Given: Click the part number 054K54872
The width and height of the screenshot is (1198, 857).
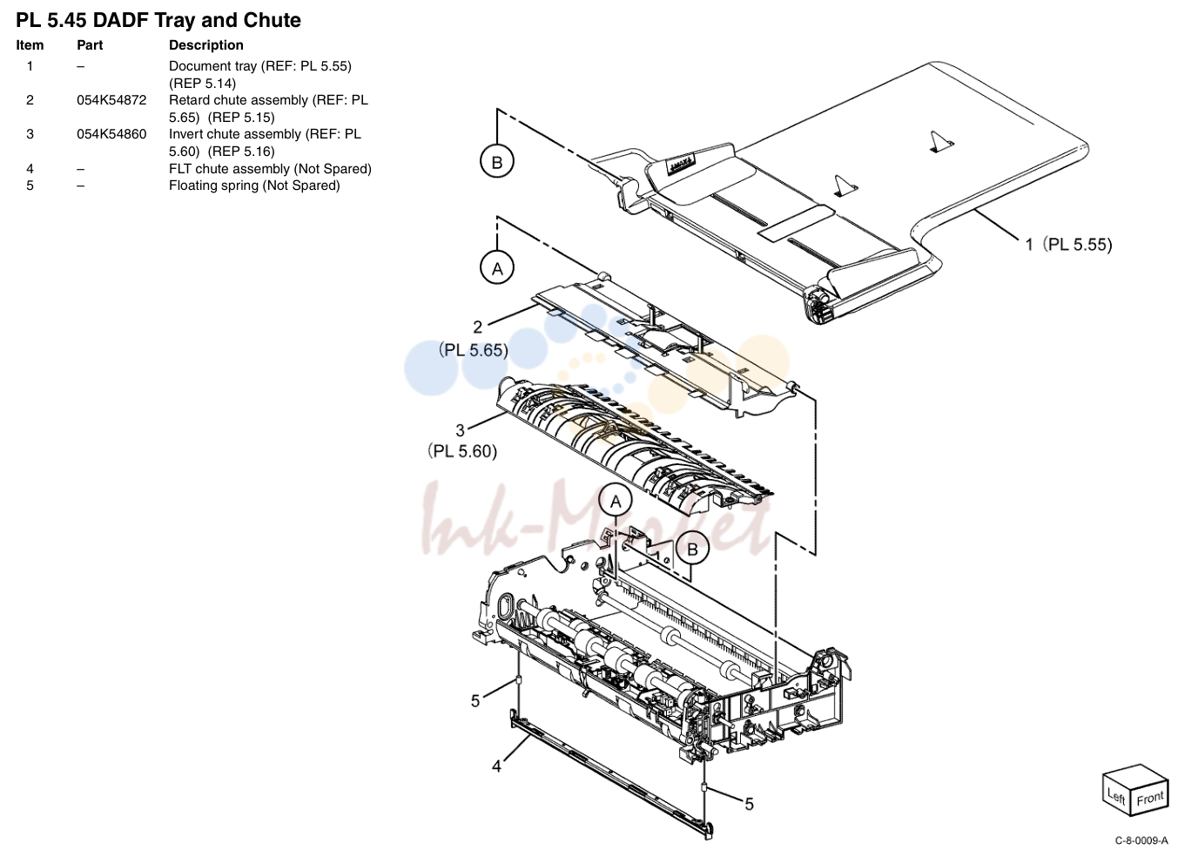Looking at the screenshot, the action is pos(111,100).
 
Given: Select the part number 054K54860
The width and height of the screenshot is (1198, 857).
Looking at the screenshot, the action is pos(111,134).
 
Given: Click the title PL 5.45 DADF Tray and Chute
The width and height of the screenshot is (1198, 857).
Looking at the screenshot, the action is pos(158,20).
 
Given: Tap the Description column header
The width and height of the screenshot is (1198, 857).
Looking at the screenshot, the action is pos(205,45).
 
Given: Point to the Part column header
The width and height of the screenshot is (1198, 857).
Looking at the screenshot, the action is pos(90,45).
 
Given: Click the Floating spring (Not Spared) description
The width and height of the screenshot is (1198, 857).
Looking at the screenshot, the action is pos(254,186).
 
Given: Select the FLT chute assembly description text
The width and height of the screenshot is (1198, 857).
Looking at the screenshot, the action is pos(270,168).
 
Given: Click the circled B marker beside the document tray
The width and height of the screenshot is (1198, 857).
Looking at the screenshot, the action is pos(497,161).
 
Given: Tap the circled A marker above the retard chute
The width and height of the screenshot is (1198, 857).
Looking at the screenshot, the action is pos(497,268).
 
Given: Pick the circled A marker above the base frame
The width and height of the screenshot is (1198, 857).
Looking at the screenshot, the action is pos(616,502).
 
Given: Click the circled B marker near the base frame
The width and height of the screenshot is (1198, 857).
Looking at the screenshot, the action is pos(693,549).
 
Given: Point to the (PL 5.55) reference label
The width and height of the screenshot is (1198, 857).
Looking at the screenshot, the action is pos(1077,245).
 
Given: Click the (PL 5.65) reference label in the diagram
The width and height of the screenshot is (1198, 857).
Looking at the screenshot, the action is pos(474,350).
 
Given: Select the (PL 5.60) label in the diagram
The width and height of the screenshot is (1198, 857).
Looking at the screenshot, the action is pos(462,451).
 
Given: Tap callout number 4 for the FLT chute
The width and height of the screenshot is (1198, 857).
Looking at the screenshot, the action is pos(496,766).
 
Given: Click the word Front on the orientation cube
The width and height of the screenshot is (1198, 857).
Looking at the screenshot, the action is pos(1150,799).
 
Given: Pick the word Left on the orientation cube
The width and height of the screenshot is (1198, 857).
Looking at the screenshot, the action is pos(1117,797).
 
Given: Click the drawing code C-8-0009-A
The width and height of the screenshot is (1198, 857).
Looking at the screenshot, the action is pos(1141,840).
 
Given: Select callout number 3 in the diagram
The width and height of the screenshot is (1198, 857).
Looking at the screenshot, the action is pos(460,430).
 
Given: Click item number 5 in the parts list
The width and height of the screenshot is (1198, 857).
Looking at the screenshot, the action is pos(30,186).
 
